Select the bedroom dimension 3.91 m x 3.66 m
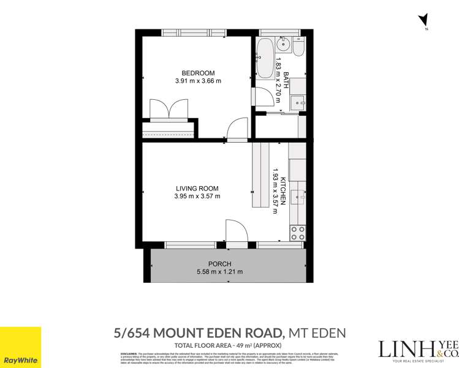tap(197, 81)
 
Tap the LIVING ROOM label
tap(197, 188)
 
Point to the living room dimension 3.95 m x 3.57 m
tap(197, 197)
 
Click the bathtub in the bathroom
tap(265, 59)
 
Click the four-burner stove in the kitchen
tap(297, 233)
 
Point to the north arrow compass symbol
tap(423, 21)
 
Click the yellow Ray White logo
tap(21, 347)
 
